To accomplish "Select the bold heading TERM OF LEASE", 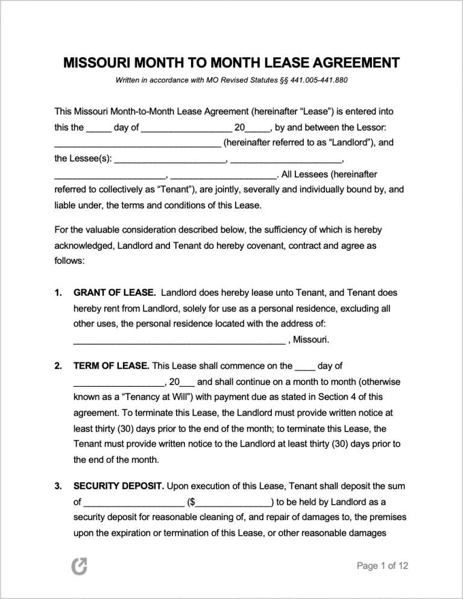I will coord(111,366).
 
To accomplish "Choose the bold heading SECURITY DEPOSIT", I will coord(118,486).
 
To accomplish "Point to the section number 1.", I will coord(58,293).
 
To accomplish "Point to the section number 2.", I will coord(58,366).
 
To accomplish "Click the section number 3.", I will coord(58,486).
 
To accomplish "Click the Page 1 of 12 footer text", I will coord(382,566).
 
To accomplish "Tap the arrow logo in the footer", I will coord(79,566).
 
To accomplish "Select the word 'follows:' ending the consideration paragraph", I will coord(69,262).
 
